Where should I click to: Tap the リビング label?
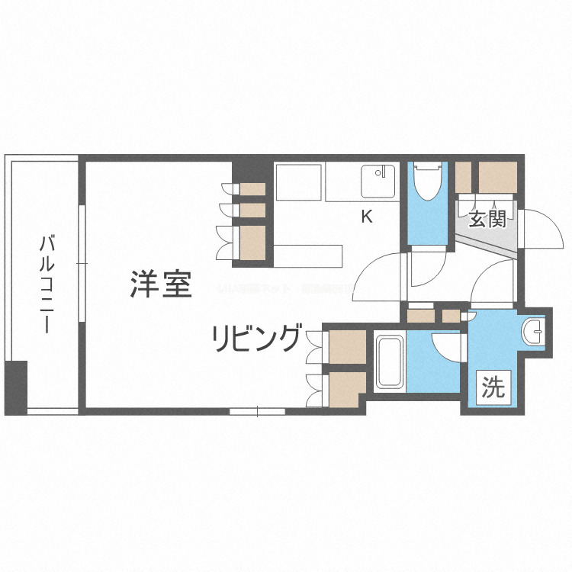pyautogui.click(x=255, y=336)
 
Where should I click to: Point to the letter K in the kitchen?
pyautogui.click(x=366, y=217)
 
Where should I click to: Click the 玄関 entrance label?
pyautogui.click(x=487, y=220)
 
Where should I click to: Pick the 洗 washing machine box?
pyautogui.click(x=493, y=388)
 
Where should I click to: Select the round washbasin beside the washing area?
pyautogui.click(x=534, y=332)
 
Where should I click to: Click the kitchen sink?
pyautogui.click(x=378, y=182)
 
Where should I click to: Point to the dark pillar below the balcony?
pyautogui.click(x=15, y=387)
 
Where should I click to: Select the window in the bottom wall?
pyautogui.click(x=257, y=412)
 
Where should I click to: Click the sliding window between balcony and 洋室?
pyautogui.click(x=82, y=263)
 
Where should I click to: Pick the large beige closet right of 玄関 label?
pyautogui.click(x=497, y=176)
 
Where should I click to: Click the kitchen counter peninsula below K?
pyautogui.click(x=305, y=255)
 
